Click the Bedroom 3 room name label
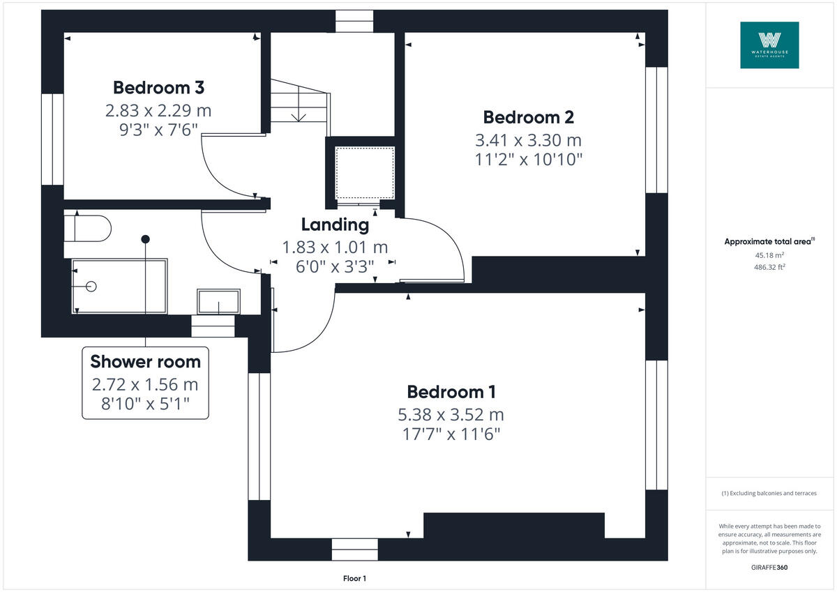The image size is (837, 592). point(158,88)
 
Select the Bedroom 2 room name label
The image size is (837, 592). point(528,117)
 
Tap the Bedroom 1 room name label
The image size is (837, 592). point(451,392)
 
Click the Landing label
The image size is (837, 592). point(335,225)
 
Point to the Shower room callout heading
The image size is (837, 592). point(145,362)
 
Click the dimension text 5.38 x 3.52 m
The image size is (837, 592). point(451,415)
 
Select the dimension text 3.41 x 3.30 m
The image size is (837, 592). point(528,139)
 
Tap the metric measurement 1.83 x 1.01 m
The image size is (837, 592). point(335,247)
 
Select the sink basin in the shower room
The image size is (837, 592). point(218,301)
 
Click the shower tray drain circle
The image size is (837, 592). point(91,286)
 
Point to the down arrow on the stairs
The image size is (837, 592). point(299,114)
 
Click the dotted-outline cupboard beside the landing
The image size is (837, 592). point(365,172)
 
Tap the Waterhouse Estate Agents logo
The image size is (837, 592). point(769,45)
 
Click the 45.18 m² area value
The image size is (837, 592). point(769,255)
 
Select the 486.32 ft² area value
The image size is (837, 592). point(769,267)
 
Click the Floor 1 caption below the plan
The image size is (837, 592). point(354,579)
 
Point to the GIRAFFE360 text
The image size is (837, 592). point(769,568)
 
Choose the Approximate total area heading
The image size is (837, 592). point(769,241)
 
